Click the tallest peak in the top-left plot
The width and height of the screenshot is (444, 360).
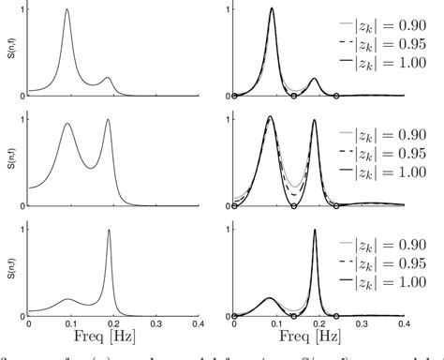pyautogui.click(x=67, y=11)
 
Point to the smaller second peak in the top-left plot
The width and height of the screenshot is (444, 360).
pyautogui.click(x=107, y=78)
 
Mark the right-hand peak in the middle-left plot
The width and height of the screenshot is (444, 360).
pyautogui.click(x=108, y=121)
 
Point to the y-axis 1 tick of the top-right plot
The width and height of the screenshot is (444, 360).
pyautogui.click(x=226, y=11)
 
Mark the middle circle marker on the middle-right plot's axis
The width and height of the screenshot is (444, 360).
pyautogui.click(x=293, y=204)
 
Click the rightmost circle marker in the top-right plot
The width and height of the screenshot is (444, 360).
pyautogui.click(x=336, y=96)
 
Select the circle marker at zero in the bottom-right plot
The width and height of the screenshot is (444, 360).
pyautogui.click(x=234, y=313)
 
